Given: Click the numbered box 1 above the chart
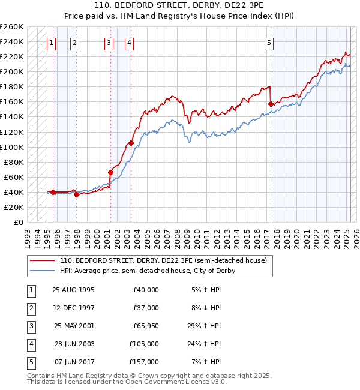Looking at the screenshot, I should (52, 43).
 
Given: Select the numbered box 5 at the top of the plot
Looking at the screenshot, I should (269, 43).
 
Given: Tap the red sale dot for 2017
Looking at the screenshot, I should (271, 104).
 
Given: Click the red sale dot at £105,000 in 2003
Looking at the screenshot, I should (131, 143).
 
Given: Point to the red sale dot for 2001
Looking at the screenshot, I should (111, 172).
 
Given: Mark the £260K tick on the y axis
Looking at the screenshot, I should (12, 27).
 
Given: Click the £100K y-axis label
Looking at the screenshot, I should (12, 147).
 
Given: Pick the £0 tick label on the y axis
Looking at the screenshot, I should (18, 222).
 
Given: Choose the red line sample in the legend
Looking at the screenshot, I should (43, 260).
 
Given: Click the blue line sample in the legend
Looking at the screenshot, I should (43, 271).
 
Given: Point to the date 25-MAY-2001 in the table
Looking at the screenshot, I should (73, 326).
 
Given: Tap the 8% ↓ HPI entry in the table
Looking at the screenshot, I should (206, 308).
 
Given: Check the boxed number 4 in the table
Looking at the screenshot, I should (31, 344).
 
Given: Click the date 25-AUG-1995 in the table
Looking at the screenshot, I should (73, 290).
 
